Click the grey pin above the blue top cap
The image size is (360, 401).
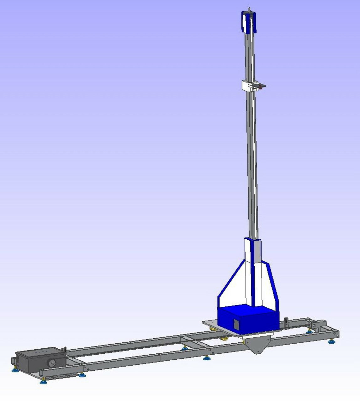point(249,9)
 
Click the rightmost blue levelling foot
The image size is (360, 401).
point(331,341)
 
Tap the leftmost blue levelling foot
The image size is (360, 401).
point(14,371)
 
